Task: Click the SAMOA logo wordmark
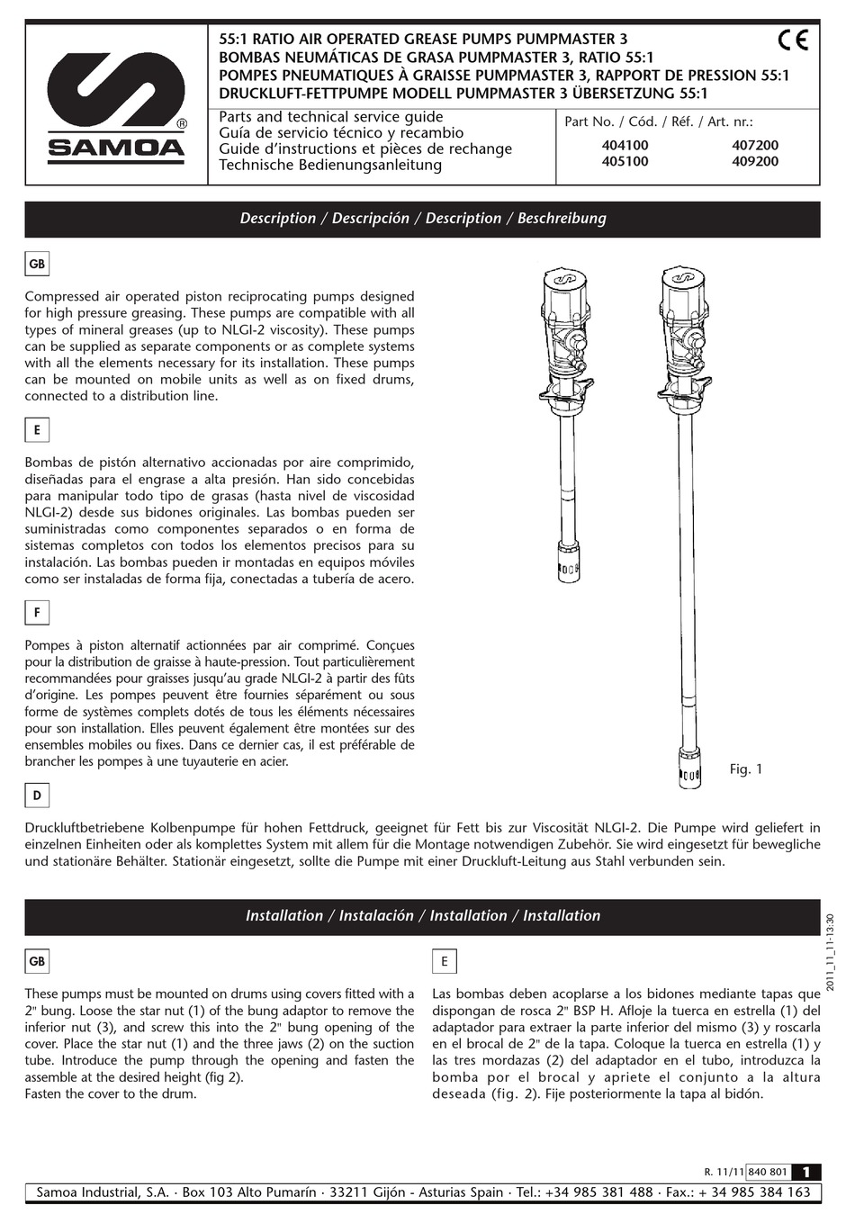[116, 148]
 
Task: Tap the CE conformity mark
[793, 40]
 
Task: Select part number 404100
[625, 145]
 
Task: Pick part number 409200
[755, 162]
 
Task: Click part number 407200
[755, 145]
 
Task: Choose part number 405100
[625, 162]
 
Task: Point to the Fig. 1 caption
[746, 769]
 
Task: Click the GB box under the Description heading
[37, 265]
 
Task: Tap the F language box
[37, 613]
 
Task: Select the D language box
[37, 796]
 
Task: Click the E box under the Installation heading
[445, 961]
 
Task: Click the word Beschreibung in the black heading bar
[562, 219]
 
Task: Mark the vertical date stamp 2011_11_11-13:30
[830, 953]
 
